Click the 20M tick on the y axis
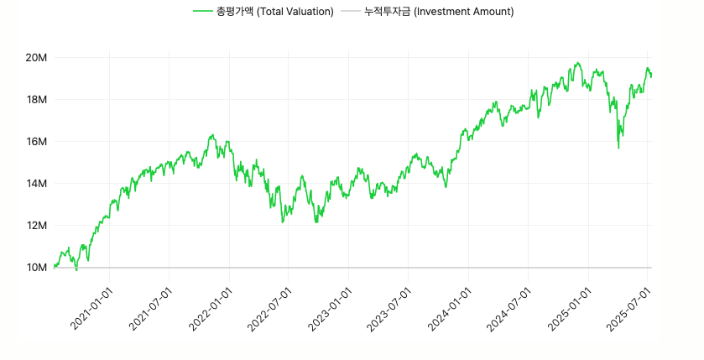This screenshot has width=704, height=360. [x=35, y=57]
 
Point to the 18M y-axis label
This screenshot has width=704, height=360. [x=35, y=99]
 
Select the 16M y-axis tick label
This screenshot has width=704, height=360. [x=35, y=141]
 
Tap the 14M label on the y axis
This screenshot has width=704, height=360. [x=35, y=183]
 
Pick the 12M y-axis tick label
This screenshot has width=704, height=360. [x=35, y=225]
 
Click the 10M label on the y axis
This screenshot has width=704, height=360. [x=35, y=267]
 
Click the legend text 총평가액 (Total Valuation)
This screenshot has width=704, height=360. [x=275, y=12]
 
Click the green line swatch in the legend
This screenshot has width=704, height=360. [x=202, y=12]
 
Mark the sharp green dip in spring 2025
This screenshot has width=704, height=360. [x=618, y=148]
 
